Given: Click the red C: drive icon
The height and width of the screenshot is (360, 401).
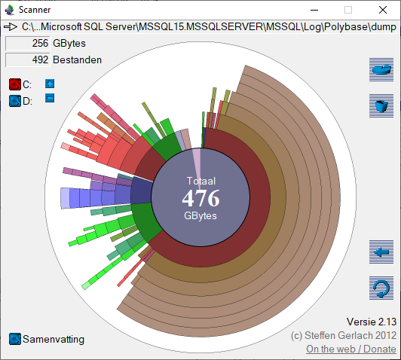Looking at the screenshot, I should [x=15, y=84].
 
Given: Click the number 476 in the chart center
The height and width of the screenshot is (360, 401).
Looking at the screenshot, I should [x=200, y=199].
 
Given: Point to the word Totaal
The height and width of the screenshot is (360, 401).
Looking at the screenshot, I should [x=200, y=182].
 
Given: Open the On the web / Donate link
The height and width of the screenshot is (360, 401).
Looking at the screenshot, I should [x=350, y=349].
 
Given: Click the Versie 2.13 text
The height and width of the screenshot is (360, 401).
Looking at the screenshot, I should [x=371, y=322].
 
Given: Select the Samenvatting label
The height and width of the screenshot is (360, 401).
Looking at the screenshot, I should [x=54, y=339].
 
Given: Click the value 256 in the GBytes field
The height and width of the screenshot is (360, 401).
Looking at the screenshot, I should [x=41, y=44].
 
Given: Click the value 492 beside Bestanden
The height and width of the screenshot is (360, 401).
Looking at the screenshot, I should [x=41, y=59].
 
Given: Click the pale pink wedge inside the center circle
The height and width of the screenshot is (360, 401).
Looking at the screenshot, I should [x=197, y=161].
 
